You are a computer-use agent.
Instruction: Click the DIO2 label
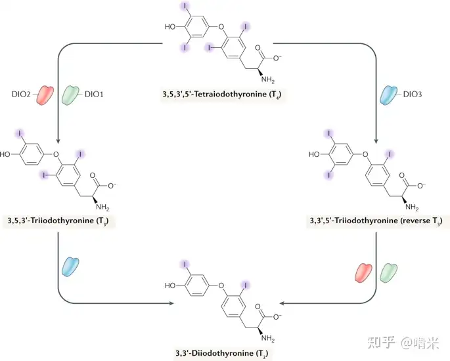click(x=21, y=95)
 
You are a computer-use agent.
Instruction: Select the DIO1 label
click(x=94, y=95)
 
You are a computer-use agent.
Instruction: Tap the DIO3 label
click(x=413, y=95)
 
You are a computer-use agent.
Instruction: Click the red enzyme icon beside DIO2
click(x=45, y=95)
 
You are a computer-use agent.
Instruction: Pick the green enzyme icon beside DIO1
click(x=70, y=95)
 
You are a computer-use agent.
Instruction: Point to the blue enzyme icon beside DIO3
click(x=389, y=95)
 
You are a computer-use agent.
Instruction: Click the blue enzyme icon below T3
click(x=70, y=267)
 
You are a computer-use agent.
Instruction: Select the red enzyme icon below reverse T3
click(x=363, y=272)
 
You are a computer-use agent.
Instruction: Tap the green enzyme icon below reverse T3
click(x=389, y=272)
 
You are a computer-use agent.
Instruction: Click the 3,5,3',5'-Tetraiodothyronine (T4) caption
click(x=222, y=95)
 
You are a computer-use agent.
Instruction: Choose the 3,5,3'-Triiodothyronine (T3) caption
click(x=58, y=221)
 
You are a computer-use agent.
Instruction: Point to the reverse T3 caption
click(x=376, y=221)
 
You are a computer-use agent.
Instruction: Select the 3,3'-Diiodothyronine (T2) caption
click(x=222, y=353)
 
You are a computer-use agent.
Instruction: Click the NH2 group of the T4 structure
click(x=268, y=79)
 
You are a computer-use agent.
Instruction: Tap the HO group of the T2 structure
click(x=170, y=286)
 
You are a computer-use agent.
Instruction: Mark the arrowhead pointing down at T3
click(x=58, y=141)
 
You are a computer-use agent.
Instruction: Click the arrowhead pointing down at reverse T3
click(x=376, y=141)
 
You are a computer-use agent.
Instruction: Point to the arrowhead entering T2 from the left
click(x=171, y=303)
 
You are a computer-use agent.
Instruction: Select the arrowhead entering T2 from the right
click(x=282, y=303)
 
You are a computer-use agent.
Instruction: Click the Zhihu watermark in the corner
click(x=403, y=343)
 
